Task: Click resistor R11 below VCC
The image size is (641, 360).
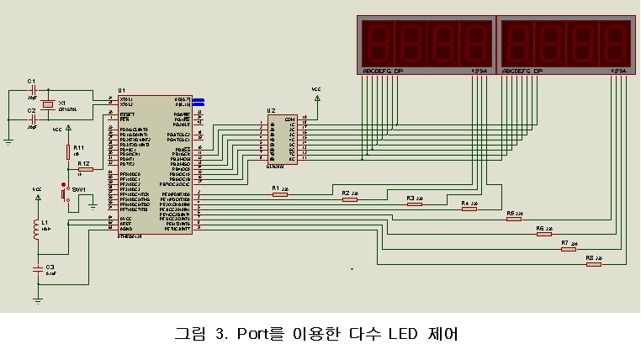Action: (69, 151)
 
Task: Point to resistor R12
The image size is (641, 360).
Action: (85, 170)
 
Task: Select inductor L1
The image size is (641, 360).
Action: (36, 229)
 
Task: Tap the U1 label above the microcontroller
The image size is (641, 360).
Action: (122, 90)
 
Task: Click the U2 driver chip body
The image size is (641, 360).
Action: (282, 138)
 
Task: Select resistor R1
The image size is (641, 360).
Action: (279, 194)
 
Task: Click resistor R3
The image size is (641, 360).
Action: (413, 204)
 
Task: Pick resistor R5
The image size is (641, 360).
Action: (515, 220)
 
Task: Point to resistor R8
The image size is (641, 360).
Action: (594, 264)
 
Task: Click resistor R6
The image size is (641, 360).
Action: (544, 234)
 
